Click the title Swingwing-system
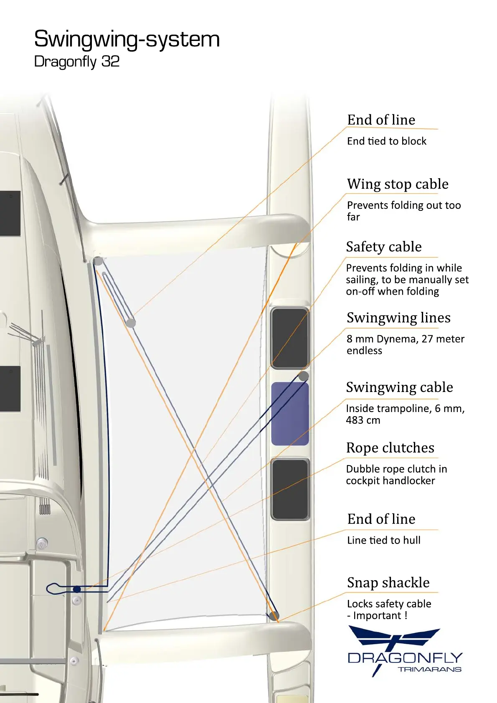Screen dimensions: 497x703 pos(127,39)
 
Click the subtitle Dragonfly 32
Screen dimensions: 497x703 pos(77,62)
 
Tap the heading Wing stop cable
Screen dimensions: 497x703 pos(398,184)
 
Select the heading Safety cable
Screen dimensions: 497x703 pos(383,247)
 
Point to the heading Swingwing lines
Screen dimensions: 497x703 pos(398,318)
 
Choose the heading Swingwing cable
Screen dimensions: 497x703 pos(399,387)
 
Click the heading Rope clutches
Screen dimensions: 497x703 pos(390,448)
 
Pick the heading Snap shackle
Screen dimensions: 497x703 pos(388,583)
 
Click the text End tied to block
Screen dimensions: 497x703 pos(387,142)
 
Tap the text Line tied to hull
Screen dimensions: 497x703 pos(383,541)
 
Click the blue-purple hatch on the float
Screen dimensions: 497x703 pos(290,414)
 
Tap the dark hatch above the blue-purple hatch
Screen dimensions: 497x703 pos(289,338)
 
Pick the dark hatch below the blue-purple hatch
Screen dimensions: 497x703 pos(290,489)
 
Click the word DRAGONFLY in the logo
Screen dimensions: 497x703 pos(405,658)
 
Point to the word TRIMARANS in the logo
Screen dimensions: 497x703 pos(429,670)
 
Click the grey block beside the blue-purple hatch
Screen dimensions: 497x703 pos(304,376)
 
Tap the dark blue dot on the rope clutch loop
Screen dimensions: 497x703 pos(77,589)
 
